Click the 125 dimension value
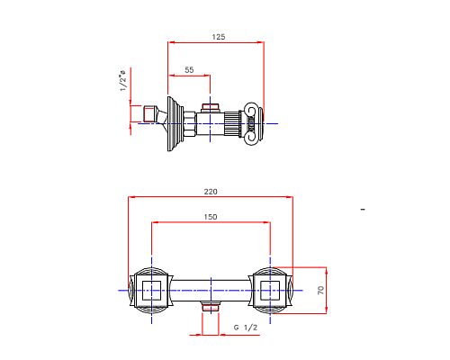pos(219,37)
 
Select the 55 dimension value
pos(189,69)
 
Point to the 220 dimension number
pos(211,192)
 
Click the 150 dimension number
pos(211,217)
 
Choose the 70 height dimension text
pos(321,290)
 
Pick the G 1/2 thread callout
pos(246,328)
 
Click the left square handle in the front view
pos(150,290)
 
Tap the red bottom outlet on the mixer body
pos(211,309)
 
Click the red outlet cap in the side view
pos(211,107)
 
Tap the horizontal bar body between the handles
pos(211,290)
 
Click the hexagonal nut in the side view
pos(191,121)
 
